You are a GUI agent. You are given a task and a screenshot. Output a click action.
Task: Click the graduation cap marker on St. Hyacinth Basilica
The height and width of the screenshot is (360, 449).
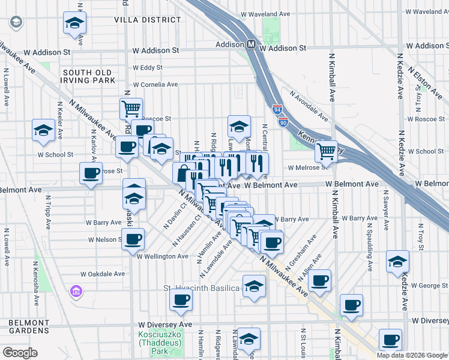[x=254, y=286]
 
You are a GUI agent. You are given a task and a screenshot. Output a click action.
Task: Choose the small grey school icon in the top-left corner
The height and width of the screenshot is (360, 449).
[x=16, y=23]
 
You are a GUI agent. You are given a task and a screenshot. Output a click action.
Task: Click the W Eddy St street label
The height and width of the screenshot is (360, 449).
[x=148, y=68]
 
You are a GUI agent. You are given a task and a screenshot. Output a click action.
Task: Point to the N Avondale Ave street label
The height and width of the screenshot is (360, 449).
[x=309, y=105]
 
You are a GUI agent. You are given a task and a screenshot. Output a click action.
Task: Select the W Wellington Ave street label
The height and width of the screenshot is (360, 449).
[x=162, y=256]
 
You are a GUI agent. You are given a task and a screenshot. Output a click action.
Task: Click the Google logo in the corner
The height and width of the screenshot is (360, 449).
[x=20, y=353]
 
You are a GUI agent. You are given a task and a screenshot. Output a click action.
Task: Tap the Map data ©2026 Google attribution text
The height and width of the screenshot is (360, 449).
[x=411, y=355]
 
